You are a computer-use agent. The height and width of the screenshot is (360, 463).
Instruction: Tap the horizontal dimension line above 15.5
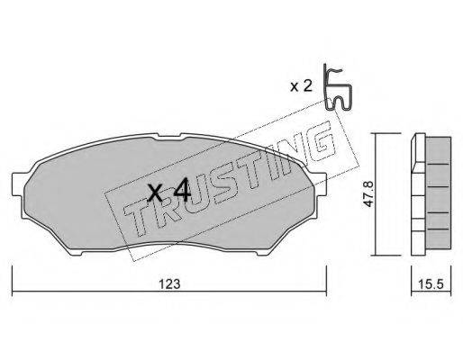[431, 270]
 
